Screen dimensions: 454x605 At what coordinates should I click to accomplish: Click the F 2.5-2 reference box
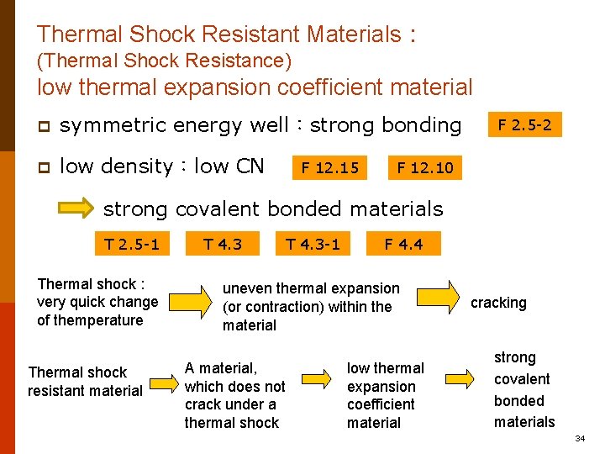coord(525,125)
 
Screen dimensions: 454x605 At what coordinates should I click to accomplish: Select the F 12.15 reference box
coord(331,167)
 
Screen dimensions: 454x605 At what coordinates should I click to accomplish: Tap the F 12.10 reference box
coord(425,167)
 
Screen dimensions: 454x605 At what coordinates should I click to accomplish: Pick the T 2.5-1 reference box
coord(131,245)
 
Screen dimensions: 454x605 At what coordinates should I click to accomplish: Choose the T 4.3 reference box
coord(223,245)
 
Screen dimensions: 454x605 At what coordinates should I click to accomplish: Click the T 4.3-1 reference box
coord(313,245)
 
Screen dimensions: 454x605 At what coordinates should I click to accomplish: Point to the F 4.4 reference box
coord(403,245)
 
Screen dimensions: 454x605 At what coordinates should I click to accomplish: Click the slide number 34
coord(580,439)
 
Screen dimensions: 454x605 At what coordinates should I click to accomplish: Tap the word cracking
coord(498,303)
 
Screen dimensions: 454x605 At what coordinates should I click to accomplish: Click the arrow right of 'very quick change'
coord(193,302)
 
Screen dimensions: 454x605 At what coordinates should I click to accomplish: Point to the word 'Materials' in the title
coord(354,34)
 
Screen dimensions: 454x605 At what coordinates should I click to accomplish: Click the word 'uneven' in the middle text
coord(245,288)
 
